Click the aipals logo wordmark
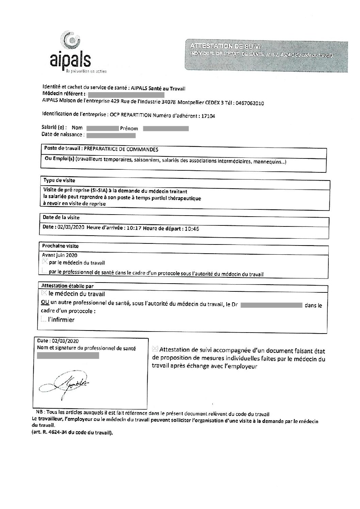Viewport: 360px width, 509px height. pos(70,60)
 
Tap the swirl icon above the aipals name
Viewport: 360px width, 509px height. pos(72,40)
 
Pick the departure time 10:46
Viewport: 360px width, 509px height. pos(192,229)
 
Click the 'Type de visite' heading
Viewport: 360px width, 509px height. pos(59,180)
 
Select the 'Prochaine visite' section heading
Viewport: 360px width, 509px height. pos(60,245)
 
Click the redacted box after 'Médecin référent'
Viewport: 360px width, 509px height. pos(126,94)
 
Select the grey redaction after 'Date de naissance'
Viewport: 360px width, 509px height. pos(111,135)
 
